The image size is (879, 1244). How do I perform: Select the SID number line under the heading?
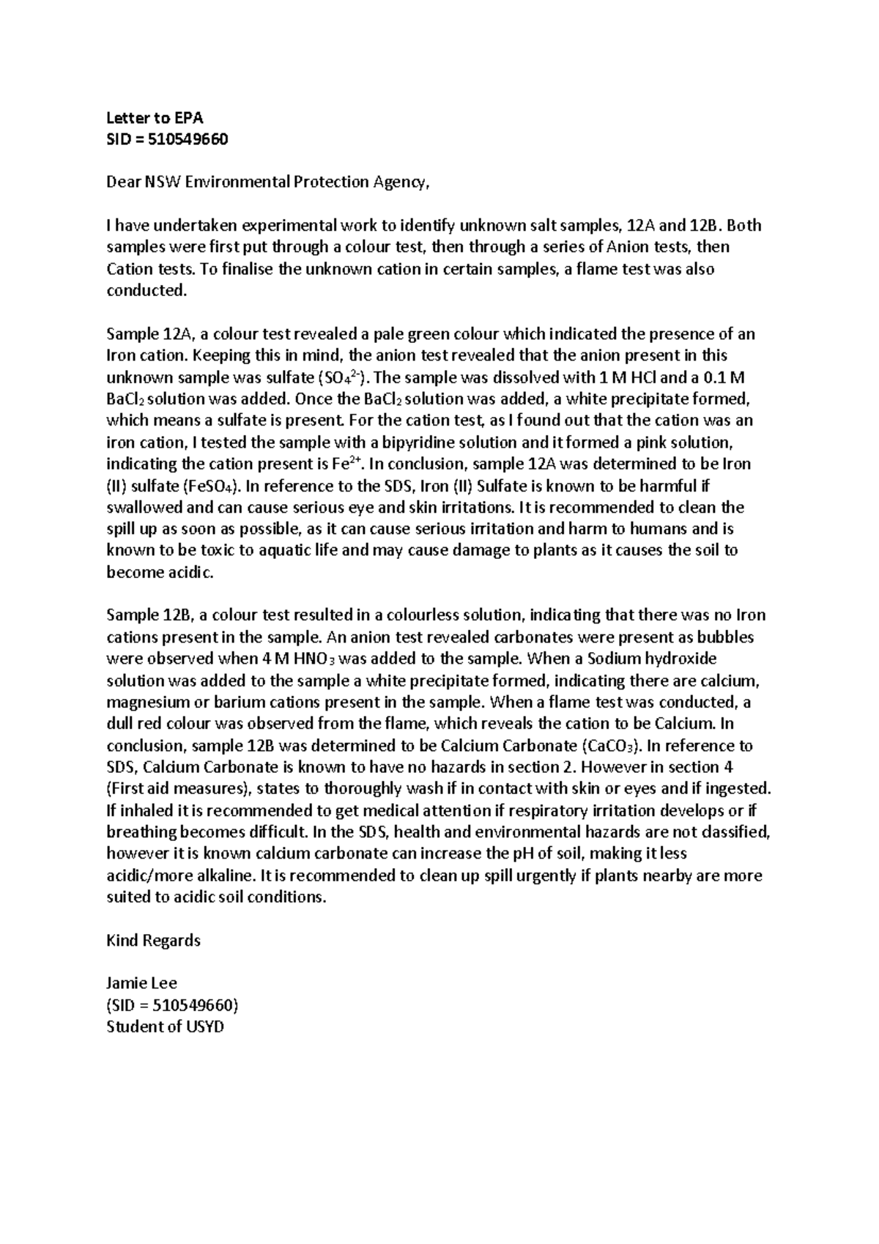point(168,139)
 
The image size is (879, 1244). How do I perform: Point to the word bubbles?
point(725,637)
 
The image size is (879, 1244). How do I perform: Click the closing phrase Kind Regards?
point(154,941)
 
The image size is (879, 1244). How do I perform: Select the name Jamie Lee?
point(142,984)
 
